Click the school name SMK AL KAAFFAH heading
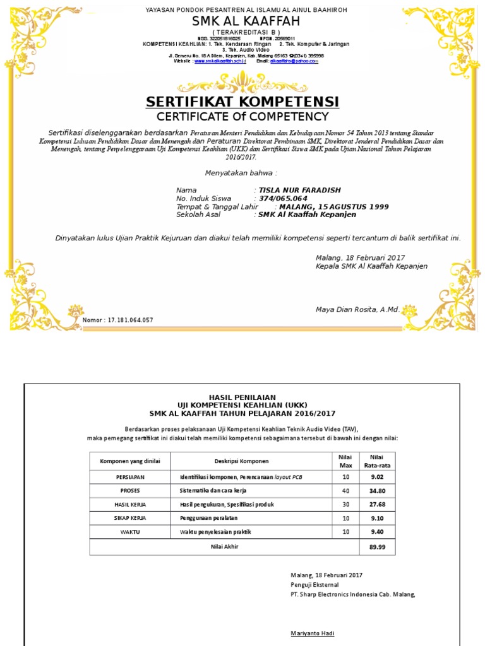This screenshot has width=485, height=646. tap(242, 22)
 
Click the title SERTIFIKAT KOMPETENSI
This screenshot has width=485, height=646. tap(242, 102)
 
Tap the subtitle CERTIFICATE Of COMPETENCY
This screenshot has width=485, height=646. tap(242, 117)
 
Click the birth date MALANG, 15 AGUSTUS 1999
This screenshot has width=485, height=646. tap(334, 206)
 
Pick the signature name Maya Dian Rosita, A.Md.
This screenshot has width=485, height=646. tap(357, 310)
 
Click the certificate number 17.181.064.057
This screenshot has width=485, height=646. tap(131, 320)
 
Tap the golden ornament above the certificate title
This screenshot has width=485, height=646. tap(242, 81)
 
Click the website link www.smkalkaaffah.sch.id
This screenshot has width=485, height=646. tap(219, 61)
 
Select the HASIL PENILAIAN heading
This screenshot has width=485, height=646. tap(242, 396)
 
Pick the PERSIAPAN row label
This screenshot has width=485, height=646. tap(130, 477)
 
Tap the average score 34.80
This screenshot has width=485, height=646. tap(376, 490)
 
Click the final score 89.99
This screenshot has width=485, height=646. tap(376, 547)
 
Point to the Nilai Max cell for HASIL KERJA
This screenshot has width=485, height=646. tap(345, 504)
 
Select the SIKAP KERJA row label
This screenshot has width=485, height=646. tap(130, 518)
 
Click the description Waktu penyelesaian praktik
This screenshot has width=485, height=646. tap(211, 532)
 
